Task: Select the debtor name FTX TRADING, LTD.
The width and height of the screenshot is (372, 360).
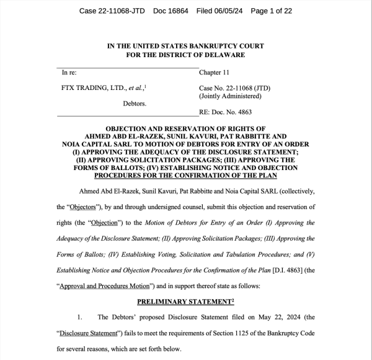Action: click(x=93, y=88)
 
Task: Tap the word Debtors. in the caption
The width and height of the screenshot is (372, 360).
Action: click(x=135, y=103)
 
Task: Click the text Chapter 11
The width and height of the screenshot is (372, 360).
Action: click(x=215, y=73)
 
